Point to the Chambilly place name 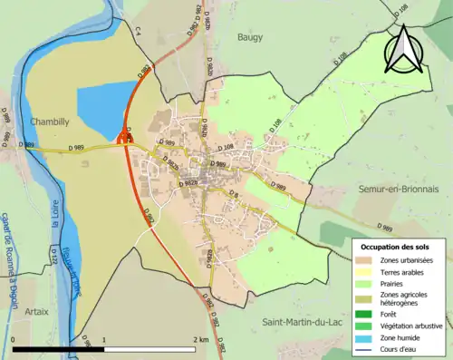click(x=50, y=120)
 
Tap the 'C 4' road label click(x=139, y=31)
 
